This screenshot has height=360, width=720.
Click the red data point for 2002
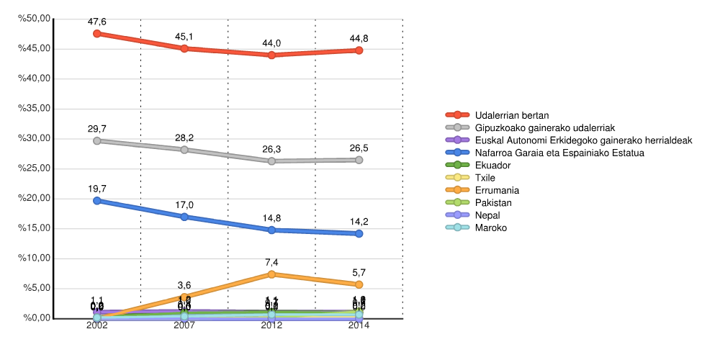pyautogui.click(x=96, y=33)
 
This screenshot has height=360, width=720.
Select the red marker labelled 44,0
pyautogui.click(x=271, y=55)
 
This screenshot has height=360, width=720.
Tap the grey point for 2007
pyautogui.click(x=184, y=150)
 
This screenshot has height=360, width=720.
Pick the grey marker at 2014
pyautogui.click(x=359, y=160)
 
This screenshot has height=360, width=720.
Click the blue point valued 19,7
pyautogui.click(x=96, y=200)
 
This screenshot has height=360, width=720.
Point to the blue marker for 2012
pyautogui.click(x=271, y=230)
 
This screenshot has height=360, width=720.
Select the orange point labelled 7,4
pyautogui.click(x=271, y=274)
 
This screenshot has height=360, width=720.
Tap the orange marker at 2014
pyautogui.click(x=359, y=284)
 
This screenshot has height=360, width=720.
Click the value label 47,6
pyautogui.click(x=96, y=22)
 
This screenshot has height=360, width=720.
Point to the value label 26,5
pyautogui.click(x=359, y=148)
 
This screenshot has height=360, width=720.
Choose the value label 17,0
pyautogui.click(x=184, y=205)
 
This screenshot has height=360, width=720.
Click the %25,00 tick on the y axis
pyautogui.click(x=33, y=168)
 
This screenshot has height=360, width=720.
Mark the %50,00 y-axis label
pyautogui.click(x=33, y=19)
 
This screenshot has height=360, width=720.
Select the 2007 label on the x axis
pyautogui.click(x=184, y=325)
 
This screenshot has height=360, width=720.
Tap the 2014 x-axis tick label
pyautogui.click(x=359, y=325)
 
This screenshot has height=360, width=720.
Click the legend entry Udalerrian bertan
pyautogui.click(x=512, y=115)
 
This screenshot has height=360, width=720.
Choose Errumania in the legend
pyautogui.click(x=497, y=190)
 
